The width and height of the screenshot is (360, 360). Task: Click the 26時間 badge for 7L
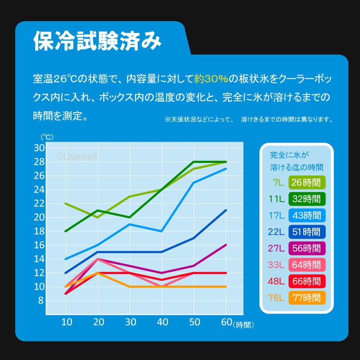point(306,182)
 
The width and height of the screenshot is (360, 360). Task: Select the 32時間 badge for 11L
point(306,198)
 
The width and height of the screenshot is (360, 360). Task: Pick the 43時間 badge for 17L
point(306,215)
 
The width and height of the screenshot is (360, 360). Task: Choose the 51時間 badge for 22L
point(306,231)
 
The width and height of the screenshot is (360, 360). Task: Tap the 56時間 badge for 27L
point(306,247)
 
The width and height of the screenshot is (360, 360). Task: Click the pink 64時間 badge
point(306,264)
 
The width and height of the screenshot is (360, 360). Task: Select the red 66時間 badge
point(306,280)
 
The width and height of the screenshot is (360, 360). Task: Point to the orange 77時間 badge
point(306,297)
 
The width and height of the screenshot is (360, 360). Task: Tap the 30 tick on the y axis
point(39,148)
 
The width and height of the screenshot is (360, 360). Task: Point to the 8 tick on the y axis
point(41,301)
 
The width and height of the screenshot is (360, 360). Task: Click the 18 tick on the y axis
point(39,231)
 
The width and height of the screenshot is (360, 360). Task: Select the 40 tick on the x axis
point(162,322)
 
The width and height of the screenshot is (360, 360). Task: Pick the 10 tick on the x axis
point(66,322)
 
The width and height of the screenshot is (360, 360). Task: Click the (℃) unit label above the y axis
point(47,136)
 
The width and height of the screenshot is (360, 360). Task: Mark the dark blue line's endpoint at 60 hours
point(225,210)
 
